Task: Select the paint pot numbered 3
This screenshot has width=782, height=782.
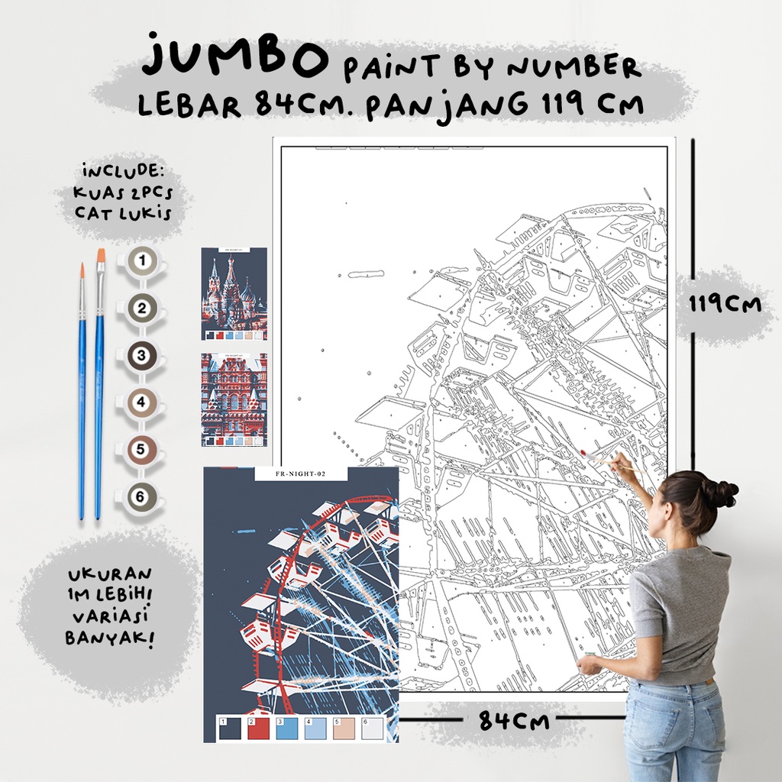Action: click(141, 355)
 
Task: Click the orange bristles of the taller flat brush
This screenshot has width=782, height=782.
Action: click(100, 263)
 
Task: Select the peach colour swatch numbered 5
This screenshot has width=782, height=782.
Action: click(344, 728)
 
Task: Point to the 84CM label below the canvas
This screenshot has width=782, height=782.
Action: click(514, 720)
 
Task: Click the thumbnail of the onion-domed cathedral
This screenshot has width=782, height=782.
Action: click(234, 294)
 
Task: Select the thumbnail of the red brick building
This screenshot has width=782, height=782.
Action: click(234, 399)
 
